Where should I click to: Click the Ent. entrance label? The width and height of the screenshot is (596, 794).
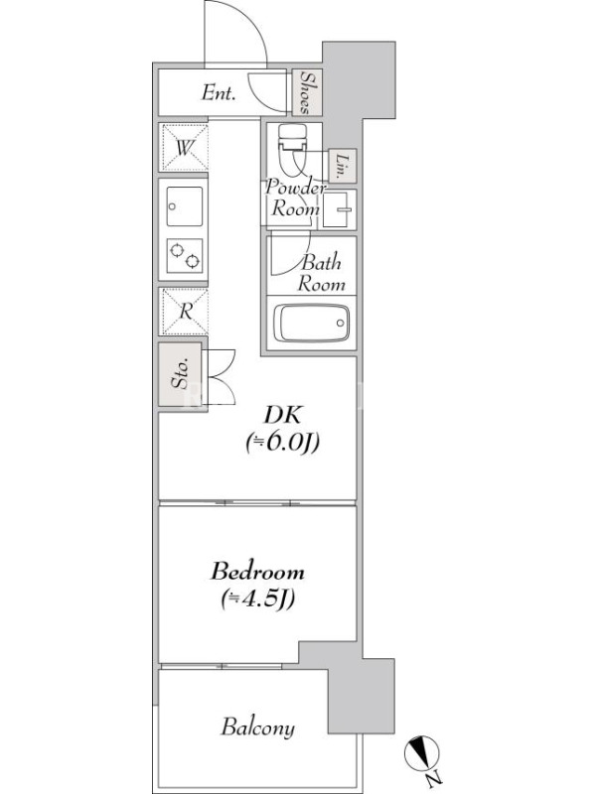[x=219, y=92]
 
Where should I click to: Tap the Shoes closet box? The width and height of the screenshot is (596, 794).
[x=307, y=91]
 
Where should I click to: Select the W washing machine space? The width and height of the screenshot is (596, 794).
[x=184, y=147]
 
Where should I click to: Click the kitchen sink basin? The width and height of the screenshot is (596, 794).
[x=185, y=206]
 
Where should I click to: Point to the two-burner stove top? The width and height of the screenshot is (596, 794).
[x=185, y=256]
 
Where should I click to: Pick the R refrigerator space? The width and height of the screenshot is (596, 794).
[x=184, y=312]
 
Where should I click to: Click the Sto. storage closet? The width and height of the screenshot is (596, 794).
[x=181, y=374]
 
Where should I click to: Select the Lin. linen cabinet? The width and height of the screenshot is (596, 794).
[x=343, y=166]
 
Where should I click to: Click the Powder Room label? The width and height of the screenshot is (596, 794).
[x=295, y=198]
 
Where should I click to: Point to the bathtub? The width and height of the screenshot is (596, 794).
[x=311, y=323]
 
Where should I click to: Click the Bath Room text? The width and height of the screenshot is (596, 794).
[x=321, y=273]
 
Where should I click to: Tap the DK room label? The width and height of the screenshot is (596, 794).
[x=282, y=415]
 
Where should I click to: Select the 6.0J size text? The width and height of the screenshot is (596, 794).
[x=282, y=443]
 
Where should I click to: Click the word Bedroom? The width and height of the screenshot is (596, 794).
[x=258, y=572]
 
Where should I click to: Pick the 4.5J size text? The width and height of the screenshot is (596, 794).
[x=258, y=599]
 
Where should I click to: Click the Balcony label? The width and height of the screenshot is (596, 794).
[x=258, y=728]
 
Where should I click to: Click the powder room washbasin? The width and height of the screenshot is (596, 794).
[x=339, y=209]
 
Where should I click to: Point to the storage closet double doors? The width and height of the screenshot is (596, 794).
[x=219, y=376]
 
